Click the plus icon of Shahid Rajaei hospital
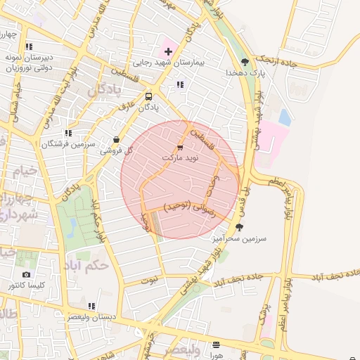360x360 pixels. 168,51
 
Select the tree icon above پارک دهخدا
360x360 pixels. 245,61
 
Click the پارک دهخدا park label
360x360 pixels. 241,72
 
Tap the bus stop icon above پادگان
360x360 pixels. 148,96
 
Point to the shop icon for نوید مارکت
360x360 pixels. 180,148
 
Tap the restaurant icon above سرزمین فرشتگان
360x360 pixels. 68,133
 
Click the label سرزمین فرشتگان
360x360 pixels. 67,144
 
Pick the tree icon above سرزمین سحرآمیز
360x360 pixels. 240,227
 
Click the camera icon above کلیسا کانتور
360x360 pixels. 27,274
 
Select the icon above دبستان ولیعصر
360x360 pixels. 92,306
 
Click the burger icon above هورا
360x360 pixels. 215,345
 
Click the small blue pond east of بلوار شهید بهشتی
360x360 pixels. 285,116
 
